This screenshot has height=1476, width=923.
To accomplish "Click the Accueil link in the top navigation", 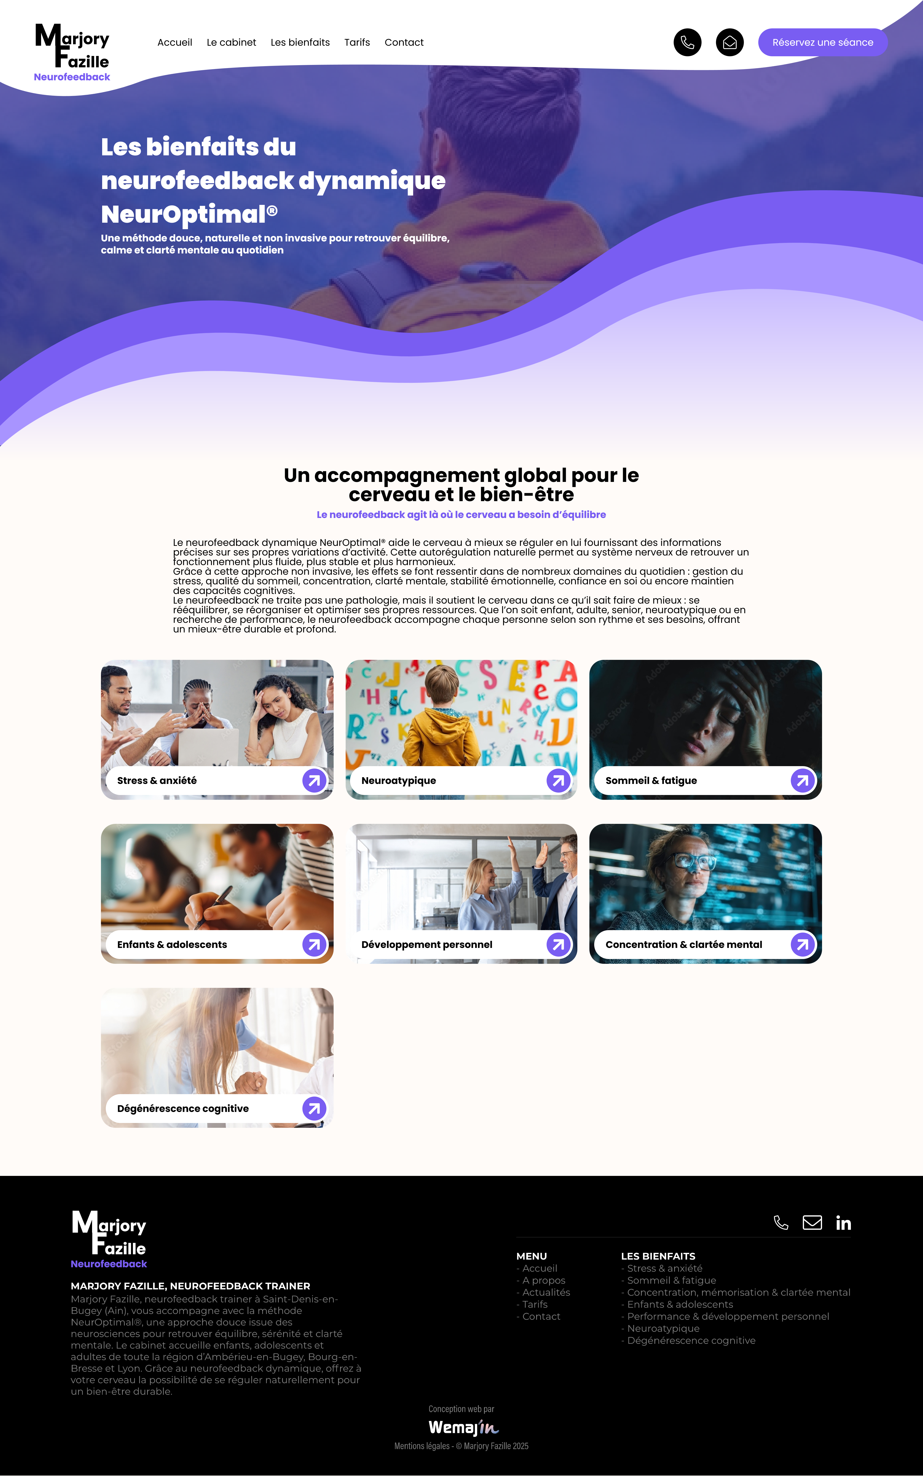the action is pyautogui.click(x=175, y=42).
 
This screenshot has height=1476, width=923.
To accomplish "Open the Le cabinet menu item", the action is pyautogui.click(x=231, y=42).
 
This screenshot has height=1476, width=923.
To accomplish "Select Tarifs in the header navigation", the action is pyautogui.click(x=357, y=42).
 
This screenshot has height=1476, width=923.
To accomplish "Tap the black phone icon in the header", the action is pyautogui.click(x=687, y=42).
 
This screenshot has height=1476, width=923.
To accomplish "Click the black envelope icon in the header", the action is pyautogui.click(x=730, y=42).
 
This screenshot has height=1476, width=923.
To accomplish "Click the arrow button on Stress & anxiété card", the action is pyautogui.click(x=314, y=780).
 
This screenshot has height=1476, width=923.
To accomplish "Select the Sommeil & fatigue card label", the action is pyautogui.click(x=651, y=780).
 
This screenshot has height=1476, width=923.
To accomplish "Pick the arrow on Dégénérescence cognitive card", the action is pyautogui.click(x=314, y=1108).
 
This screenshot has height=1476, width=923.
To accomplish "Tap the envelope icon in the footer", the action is pyautogui.click(x=812, y=1223).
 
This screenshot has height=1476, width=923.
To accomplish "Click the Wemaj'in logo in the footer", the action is pyautogui.click(x=463, y=1427).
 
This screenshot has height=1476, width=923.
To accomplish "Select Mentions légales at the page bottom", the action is pyautogui.click(x=422, y=1446).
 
